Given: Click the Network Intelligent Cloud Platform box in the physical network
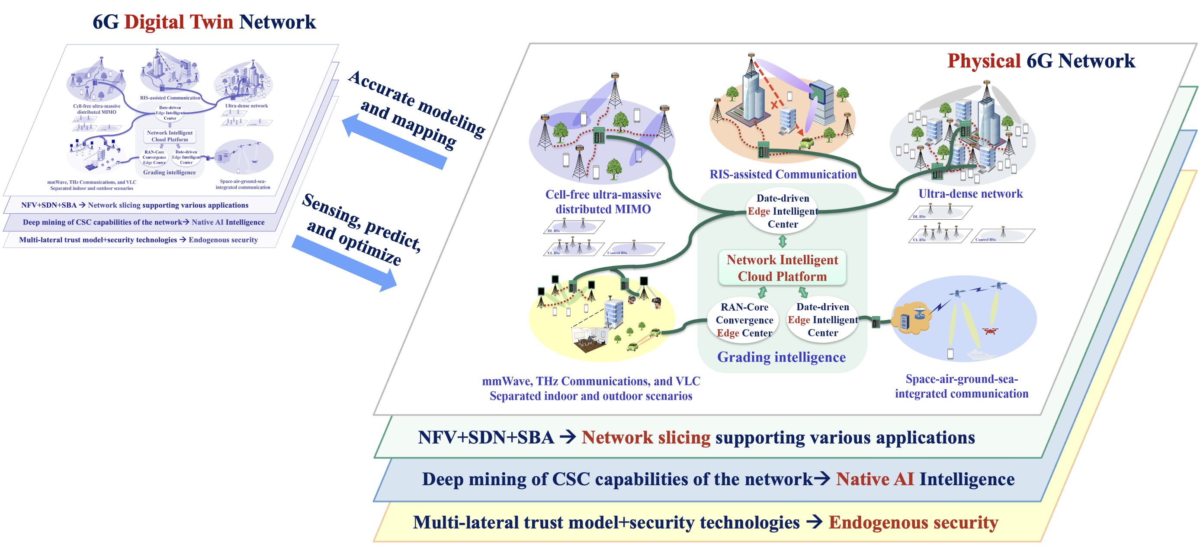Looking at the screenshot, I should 782,268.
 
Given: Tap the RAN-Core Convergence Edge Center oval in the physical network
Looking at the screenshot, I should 744,320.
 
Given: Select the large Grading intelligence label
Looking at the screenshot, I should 781,357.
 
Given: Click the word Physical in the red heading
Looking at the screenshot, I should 984,61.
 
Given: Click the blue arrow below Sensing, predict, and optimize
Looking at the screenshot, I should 345,262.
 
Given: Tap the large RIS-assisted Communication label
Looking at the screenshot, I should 783,174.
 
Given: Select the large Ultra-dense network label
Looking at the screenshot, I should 970,194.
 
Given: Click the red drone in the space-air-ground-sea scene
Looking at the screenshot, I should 990,331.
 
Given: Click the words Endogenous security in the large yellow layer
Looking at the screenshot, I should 913,522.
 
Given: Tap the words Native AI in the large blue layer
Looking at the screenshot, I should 874,479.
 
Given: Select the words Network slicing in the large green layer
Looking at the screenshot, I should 646,437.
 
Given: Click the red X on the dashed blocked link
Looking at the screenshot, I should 774,105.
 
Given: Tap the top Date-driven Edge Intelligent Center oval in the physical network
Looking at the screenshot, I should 783,211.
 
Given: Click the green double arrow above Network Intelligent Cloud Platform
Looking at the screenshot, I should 783,241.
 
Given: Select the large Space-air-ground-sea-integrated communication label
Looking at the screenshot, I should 962,386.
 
